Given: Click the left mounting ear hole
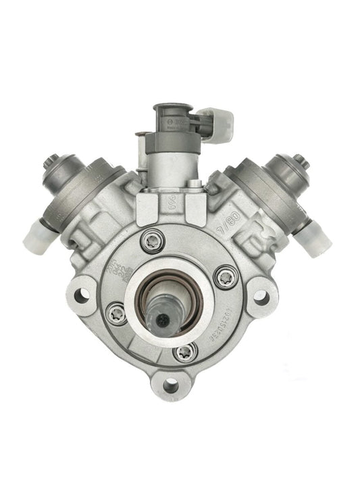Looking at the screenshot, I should click(83, 295).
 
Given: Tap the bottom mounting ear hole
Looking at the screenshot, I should click(171, 386).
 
